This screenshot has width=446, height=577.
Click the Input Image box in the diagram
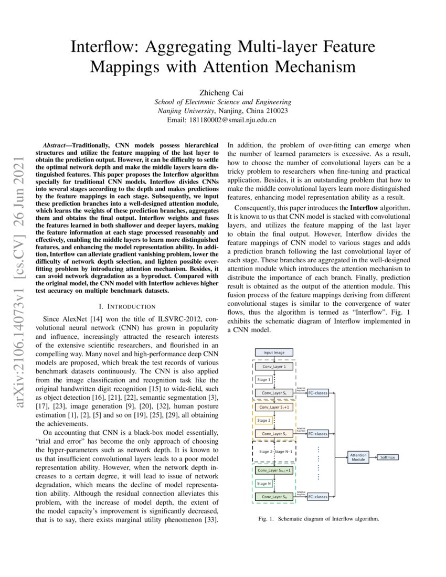pyautogui.click(x=274, y=352)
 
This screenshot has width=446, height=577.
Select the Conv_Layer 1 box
pyautogui.click(x=274, y=367)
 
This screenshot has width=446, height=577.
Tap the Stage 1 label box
pyautogui.click(x=264, y=380)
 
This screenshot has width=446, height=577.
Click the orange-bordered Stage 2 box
pyautogui.click(x=264, y=420)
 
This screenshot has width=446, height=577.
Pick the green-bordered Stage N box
pyautogui.click(x=264, y=483)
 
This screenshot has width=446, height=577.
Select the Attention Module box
pyautogui.click(x=358, y=457)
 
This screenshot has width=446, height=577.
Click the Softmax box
pyautogui.click(x=389, y=457)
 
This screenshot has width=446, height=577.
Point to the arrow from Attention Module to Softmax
pyautogui.click(x=374, y=457)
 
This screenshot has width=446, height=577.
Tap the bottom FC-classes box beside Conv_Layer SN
pyautogui.click(x=317, y=496)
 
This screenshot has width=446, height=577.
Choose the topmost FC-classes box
pyautogui.click(x=317, y=393)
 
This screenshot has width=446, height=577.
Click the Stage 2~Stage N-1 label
pyautogui.click(x=274, y=451)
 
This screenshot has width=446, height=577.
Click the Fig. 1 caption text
pyautogui.click(x=319, y=519)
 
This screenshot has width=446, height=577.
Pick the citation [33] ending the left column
pyautogui.click(x=211, y=519)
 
